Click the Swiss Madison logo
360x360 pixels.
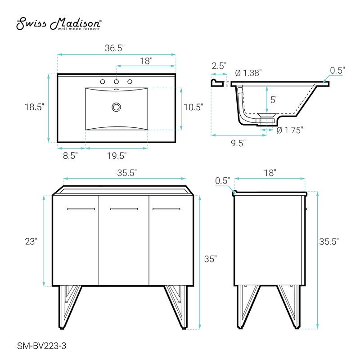(58, 25)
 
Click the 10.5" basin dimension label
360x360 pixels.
(194, 107)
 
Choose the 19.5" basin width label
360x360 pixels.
(117, 156)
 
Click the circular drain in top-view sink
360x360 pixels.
(117, 107)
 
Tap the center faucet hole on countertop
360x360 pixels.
(117, 82)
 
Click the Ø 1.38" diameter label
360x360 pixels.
(248, 73)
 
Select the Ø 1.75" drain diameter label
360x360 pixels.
(290, 130)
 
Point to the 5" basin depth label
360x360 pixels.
(274, 99)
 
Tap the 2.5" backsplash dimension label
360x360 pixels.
(219, 66)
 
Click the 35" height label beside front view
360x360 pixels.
(210, 259)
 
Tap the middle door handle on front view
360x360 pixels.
(124, 209)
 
